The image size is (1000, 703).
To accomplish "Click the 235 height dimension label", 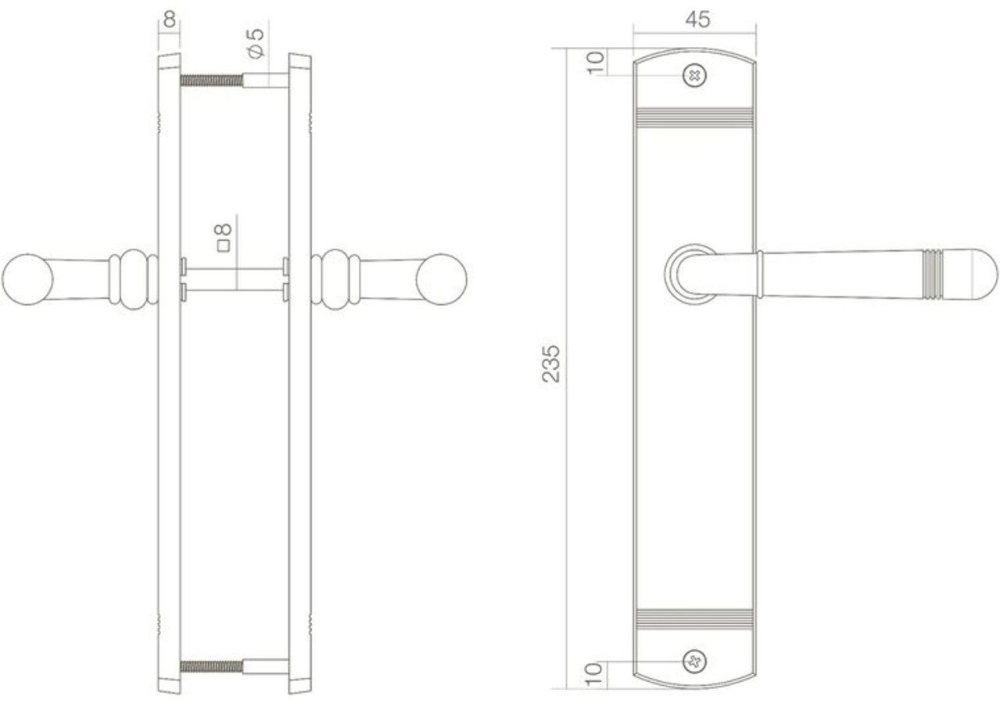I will coord(552,363).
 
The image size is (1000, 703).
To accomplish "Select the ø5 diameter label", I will coord(256,42).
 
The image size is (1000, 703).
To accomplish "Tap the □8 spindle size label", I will coord(224,237).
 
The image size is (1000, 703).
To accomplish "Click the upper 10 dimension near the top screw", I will coord(596,62).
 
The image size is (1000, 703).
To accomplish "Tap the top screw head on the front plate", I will coord(694,75).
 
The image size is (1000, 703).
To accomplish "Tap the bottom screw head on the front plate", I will coord(694,662).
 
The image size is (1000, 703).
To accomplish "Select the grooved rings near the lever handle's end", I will coord(932,274).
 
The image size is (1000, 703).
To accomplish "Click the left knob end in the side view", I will coord(27,278).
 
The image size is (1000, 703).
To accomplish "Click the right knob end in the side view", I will coord(441,278).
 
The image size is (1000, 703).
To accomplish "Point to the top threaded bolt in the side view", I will coord(212,80).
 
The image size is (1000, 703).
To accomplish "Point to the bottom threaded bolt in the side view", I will coord(212,666).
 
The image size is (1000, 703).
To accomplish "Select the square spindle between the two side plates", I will coord(235,279).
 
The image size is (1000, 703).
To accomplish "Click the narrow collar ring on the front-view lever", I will coord(759,274).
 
